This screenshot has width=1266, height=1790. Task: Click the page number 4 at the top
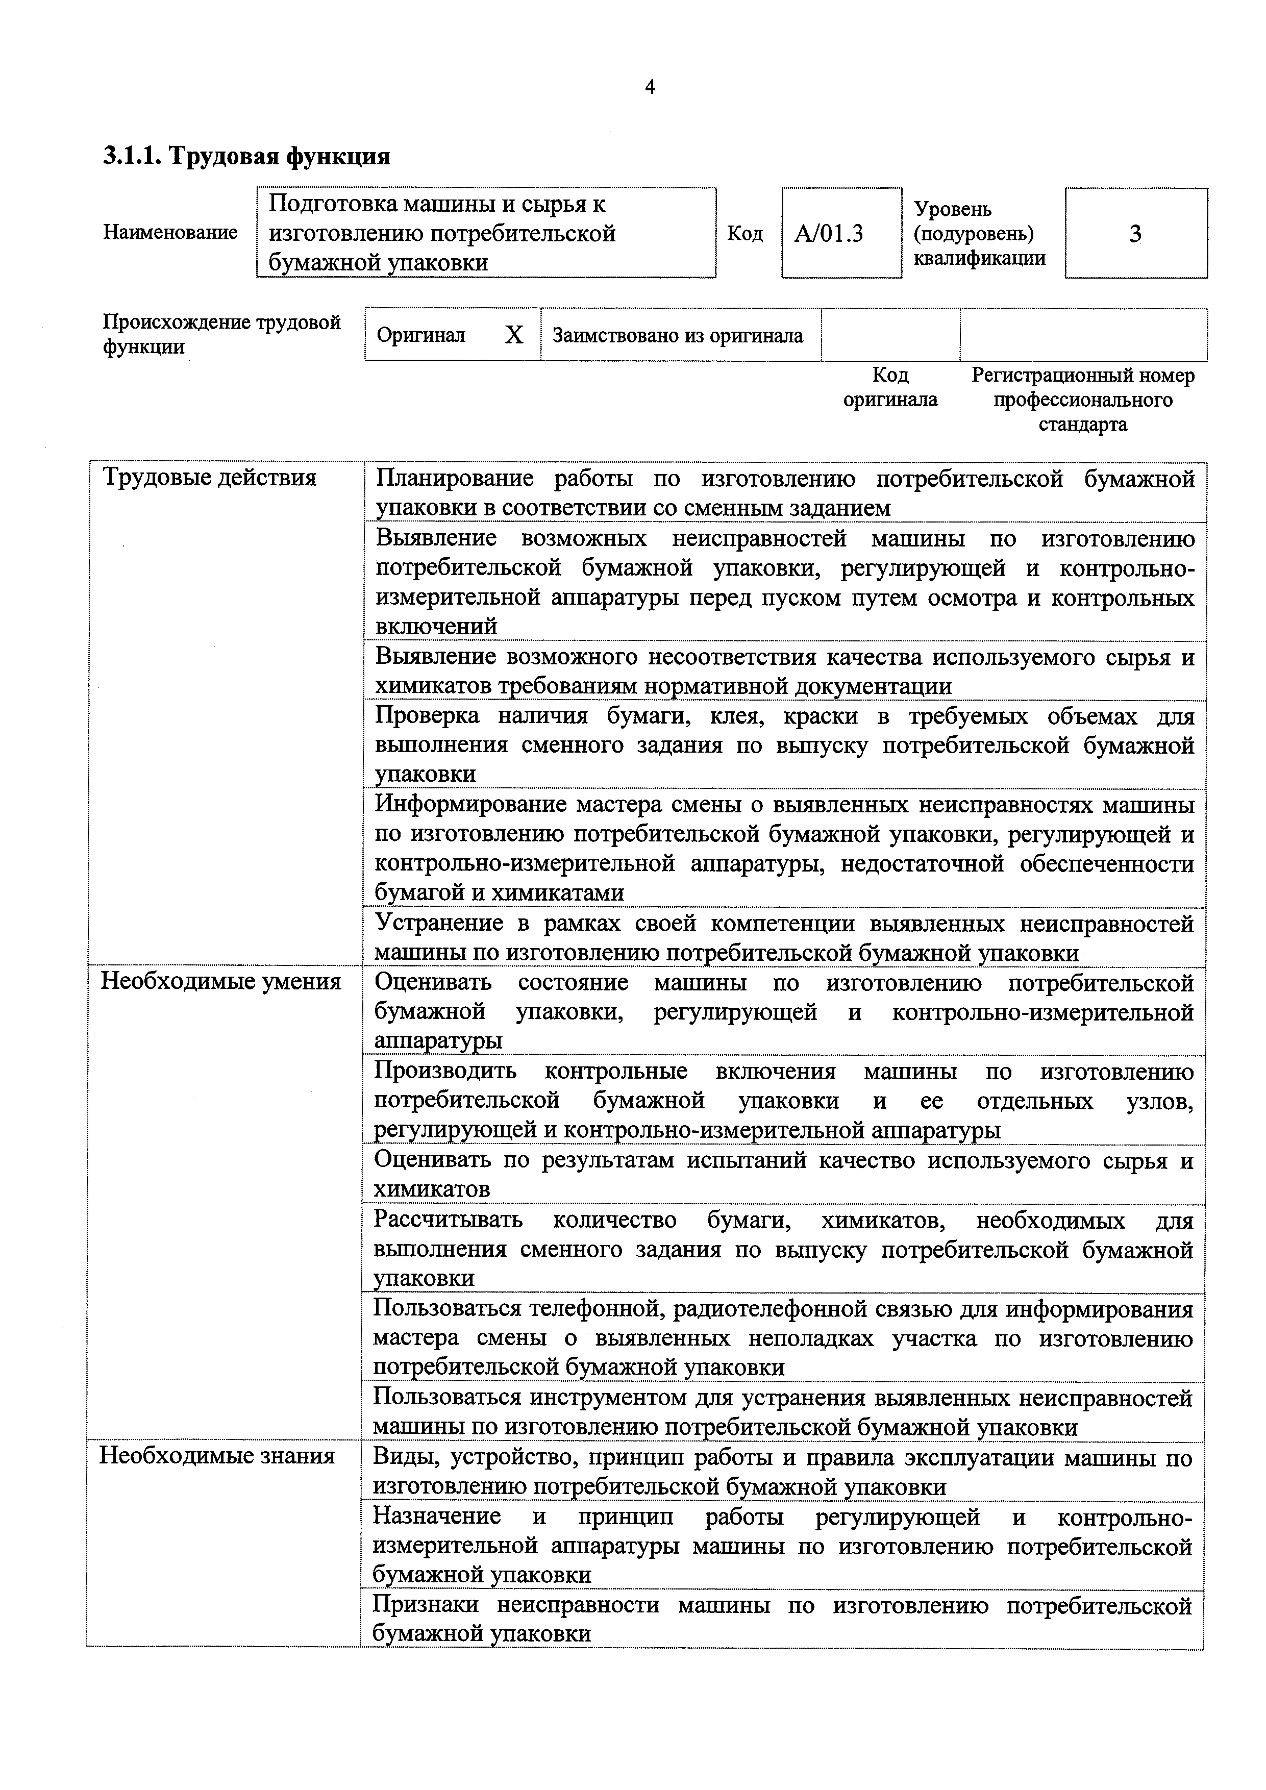pyautogui.click(x=650, y=87)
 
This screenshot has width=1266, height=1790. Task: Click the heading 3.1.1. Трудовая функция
pyautogui.click(x=246, y=157)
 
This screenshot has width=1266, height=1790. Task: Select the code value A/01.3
pyautogui.click(x=829, y=234)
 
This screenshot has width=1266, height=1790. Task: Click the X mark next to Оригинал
pyautogui.click(x=514, y=335)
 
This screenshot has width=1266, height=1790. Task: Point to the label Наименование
pyautogui.click(x=170, y=232)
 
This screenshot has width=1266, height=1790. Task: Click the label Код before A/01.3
pyautogui.click(x=744, y=234)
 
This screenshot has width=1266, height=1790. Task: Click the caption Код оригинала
pyautogui.click(x=890, y=387)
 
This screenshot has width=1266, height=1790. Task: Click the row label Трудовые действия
pyautogui.click(x=210, y=477)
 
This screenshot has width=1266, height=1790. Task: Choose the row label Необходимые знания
pyautogui.click(x=217, y=1456)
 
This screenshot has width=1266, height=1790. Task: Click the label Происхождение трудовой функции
pyautogui.click(x=221, y=334)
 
